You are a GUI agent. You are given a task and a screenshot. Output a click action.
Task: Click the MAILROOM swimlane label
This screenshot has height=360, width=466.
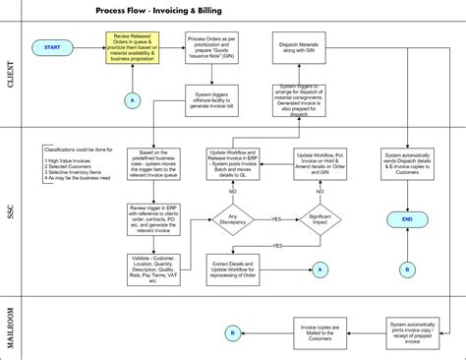pos(12,315)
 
